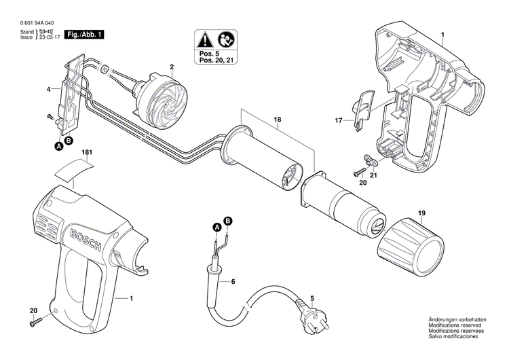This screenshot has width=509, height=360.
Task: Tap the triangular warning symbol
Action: [x=206, y=39]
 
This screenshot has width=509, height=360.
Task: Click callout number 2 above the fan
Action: [x=172, y=67]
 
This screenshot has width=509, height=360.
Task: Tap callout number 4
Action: [x=48, y=89]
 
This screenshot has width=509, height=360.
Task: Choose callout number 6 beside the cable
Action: [x=233, y=281]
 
